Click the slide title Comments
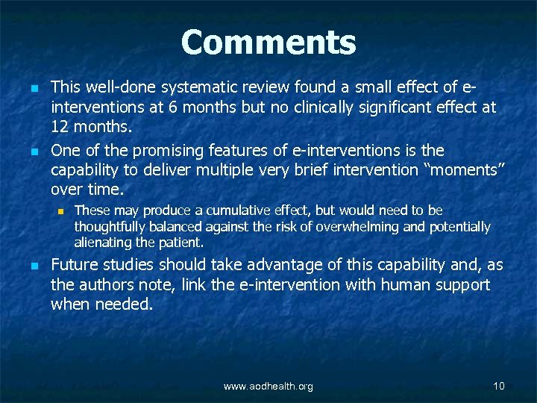click(x=268, y=43)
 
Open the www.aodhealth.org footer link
click(x=268, y=386)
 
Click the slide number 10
click(x=499, y=386)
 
